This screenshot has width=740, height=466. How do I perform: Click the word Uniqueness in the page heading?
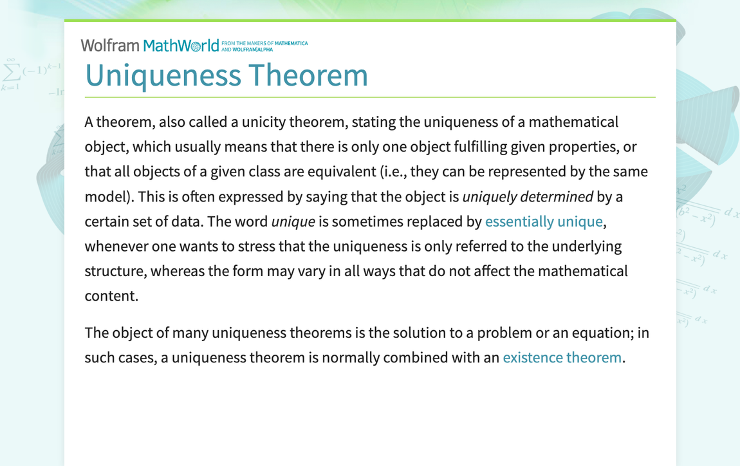(162, 75)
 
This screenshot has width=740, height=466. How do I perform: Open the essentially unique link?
(544, 221)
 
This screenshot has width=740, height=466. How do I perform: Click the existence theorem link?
(562, 357)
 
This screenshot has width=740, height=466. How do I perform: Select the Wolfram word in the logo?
(109, 45)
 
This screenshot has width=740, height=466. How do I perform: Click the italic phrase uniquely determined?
(528, 197)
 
